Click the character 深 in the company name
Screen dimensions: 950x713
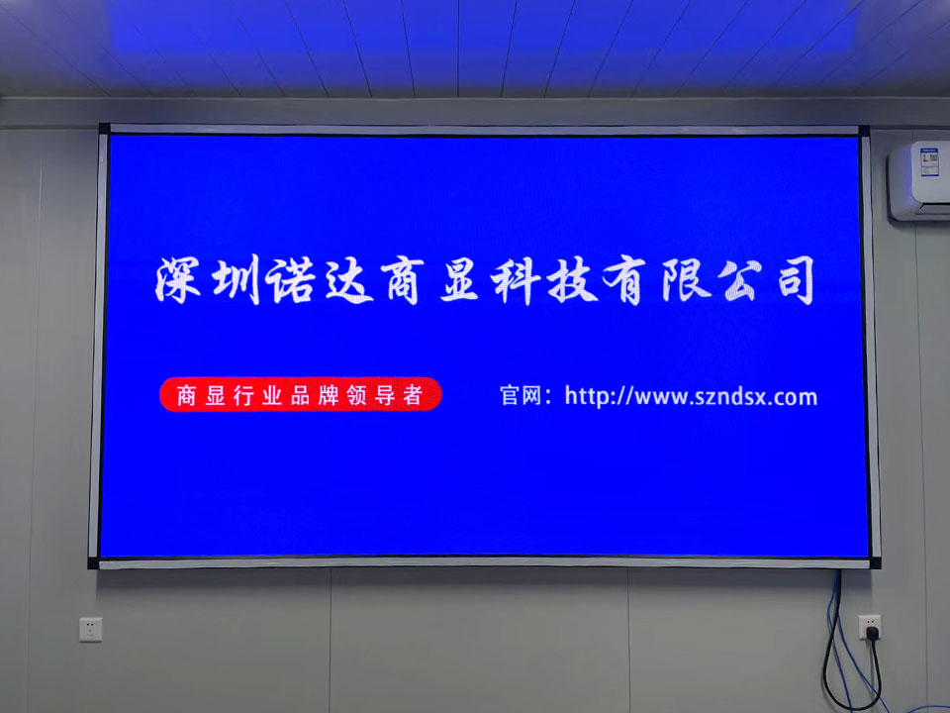tap(178, 279)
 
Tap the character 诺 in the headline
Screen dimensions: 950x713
tap(290, 279)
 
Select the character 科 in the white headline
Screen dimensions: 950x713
tap(515, 280)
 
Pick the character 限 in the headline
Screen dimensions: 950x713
tap(686, 280)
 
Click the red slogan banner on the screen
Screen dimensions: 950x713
tap(301, 395)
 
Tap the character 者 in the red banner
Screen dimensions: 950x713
tap(412, 395)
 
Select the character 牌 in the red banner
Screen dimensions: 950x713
tap(329, 395)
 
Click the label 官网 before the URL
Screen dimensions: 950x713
tap(522, 396)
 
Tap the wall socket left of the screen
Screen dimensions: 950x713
tap(91, 630)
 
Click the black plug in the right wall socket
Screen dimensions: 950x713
tap(872, 634)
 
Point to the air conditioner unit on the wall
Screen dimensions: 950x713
tap(919, 180)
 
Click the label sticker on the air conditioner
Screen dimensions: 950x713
tap(929, 161)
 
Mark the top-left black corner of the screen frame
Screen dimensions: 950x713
tap(104, 129)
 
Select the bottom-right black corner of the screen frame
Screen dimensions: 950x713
tap(875, 563)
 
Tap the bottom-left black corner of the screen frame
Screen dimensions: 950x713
tap(93, 563)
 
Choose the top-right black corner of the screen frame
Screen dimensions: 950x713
tap(864, 131)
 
